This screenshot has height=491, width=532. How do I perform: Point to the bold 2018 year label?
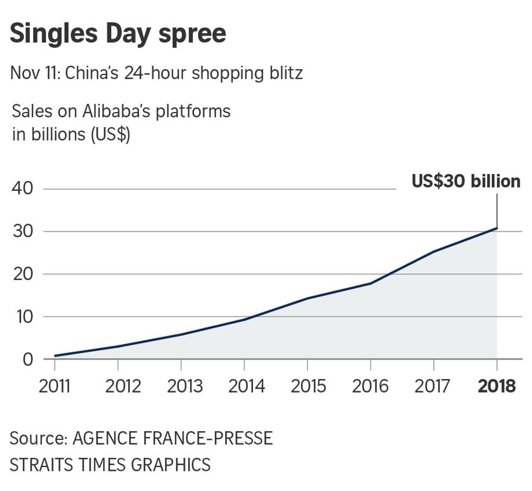point(496,386)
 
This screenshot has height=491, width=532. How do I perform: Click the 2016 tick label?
point(370,386)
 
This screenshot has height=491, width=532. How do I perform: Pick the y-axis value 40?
point(22,189)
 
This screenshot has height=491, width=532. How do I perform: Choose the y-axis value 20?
point(22,274)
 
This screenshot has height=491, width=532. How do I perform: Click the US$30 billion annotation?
point(466,182)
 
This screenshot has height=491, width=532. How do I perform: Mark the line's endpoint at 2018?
point(497,228)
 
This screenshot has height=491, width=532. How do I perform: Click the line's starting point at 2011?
point(55,356)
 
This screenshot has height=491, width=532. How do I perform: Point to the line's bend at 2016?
point(371,283)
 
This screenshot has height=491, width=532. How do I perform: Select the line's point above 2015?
point(307,299)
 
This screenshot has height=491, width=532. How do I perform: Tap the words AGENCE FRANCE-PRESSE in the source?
point(173,438)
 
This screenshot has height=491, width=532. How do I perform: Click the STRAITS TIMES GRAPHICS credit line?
point(110,465)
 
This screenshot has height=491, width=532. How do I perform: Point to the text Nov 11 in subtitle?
point(34,73)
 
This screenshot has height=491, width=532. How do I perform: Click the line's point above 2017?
point(433,251)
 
